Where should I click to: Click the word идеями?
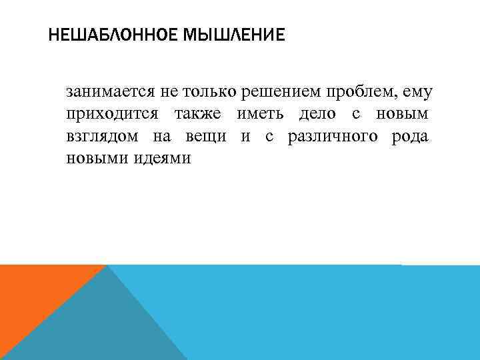[x=159, y=159]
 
